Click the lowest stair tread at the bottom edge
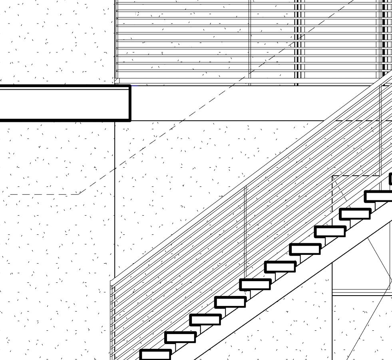pos(155,355)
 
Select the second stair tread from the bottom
pos(180,337)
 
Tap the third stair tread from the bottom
pos(205,320)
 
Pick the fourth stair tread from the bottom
pos(230,302)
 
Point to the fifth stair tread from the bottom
pos(255,284)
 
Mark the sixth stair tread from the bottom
pos(280,266)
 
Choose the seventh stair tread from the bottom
pos(305,249)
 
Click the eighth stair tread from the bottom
pos(330,231)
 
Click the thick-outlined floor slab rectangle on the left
pos(64,103)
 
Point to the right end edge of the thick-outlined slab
pos(130,103)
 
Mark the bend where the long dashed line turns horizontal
pos(79,194)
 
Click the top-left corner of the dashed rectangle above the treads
pos(332,176)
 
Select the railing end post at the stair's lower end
pos(113,320)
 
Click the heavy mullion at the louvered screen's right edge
pos(385,40)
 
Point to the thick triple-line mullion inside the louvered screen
pos(297,40)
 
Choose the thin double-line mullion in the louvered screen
pos(250,40)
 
